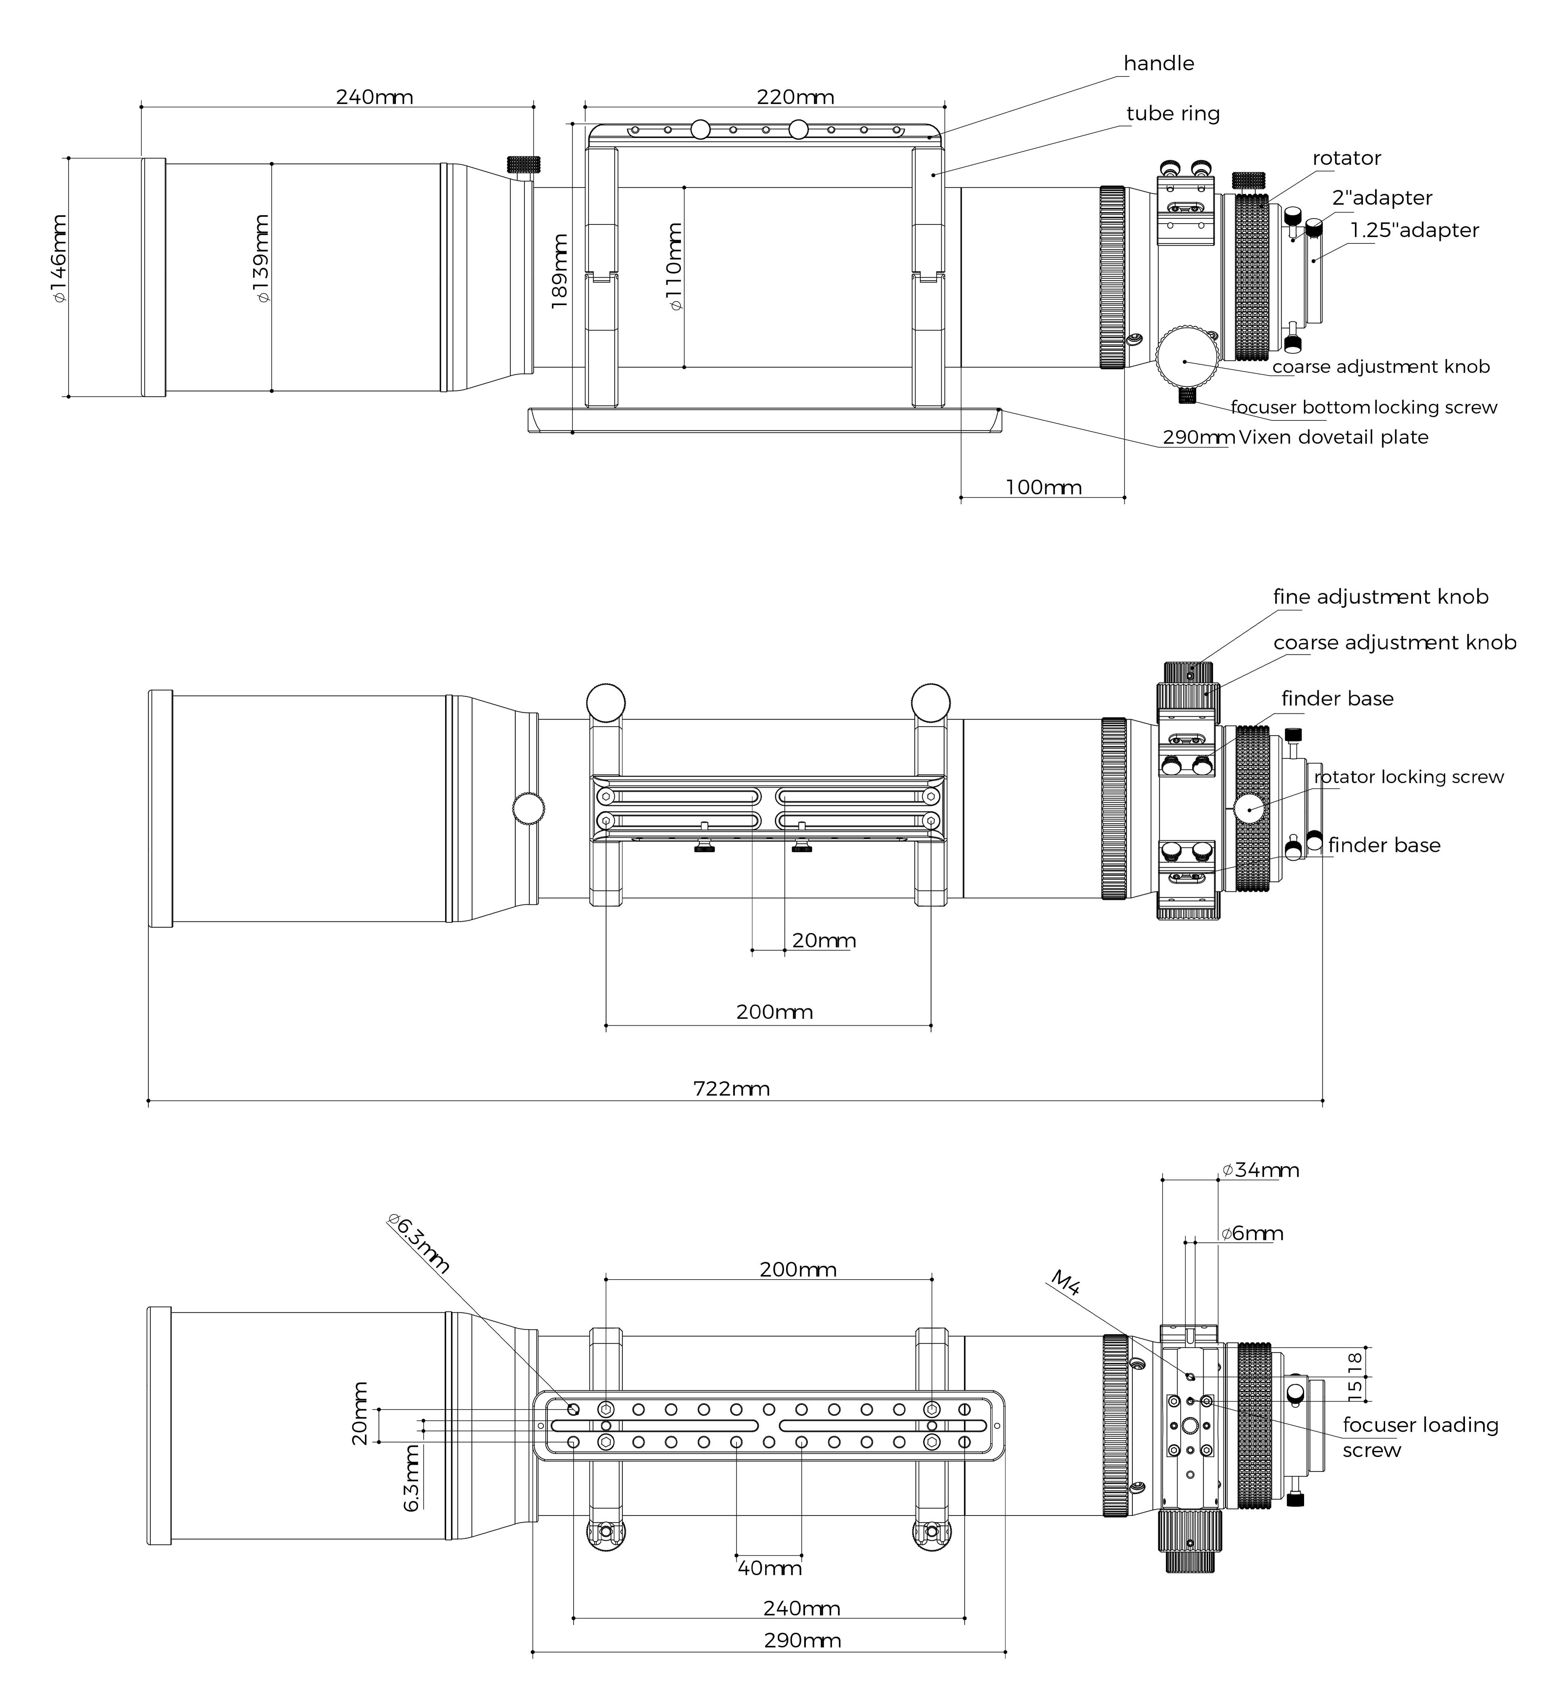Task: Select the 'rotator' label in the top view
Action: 1346,158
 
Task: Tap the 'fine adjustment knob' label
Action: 1380,597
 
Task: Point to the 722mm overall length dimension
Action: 731,1089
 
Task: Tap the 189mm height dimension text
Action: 560,271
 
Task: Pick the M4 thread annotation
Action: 1065,1284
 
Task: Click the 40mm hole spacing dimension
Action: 769,1568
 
